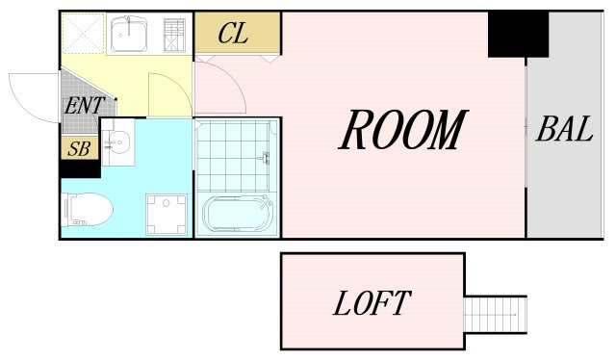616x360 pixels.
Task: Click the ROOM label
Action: (403, 130)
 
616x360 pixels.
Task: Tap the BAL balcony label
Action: (565, 129)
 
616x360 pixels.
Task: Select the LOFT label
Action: (372, 303)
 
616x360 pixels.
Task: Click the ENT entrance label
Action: (85, 105)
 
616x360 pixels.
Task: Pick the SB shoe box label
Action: (79, 148)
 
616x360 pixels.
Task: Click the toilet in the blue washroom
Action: (87, 210)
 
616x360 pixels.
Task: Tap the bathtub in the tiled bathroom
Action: (238, 215)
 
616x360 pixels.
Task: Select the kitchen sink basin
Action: (129, 35)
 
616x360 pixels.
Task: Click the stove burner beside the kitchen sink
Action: (174, 35)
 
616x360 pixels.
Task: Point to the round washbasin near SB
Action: (116, 141)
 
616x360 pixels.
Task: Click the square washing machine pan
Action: (167, 215)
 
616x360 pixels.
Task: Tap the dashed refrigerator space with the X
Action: (84, 34)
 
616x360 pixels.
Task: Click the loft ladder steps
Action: (496, 315)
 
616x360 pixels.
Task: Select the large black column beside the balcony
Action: (518, 35)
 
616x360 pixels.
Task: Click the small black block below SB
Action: (80, 169)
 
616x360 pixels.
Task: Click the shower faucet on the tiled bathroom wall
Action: (266, 158)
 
